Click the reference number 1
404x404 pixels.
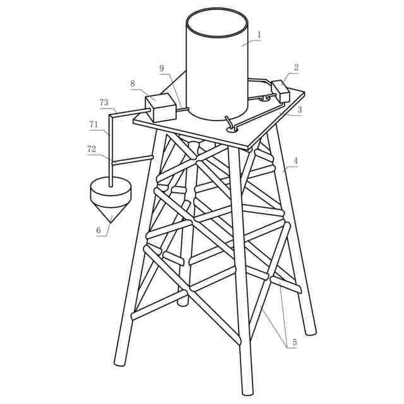pos(259,35)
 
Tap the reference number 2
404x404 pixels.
pos(296,68)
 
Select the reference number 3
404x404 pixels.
pos(300,110)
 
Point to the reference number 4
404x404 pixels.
pos(296,161)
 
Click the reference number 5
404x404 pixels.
pos(295,342)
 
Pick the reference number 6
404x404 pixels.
pos(98,230)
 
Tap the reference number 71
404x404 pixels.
pos(94,125)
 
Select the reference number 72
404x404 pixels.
pos(92,149)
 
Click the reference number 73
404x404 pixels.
pos(104,103)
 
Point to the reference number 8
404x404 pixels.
pos(133,83)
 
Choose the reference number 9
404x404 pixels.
pos(162,68)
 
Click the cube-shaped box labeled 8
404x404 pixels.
pos(161,108)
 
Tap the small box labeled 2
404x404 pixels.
pos(280,92)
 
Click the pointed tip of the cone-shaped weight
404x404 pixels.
pos(111,222)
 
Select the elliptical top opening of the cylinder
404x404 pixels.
pos(217,23)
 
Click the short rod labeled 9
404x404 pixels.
pos(182,109)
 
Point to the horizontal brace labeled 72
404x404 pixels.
pos(133,160)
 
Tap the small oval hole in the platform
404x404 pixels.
pos(232,130)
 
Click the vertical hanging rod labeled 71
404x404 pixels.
pos(110,151)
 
